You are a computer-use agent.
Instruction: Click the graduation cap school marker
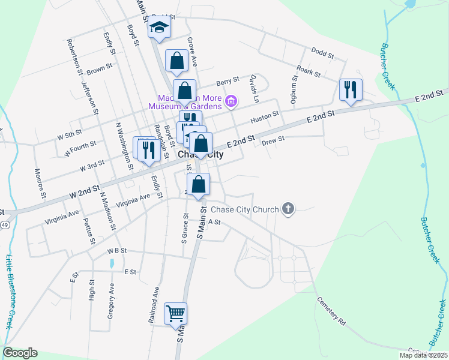(159, 28)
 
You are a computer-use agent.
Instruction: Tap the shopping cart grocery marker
(175, 313)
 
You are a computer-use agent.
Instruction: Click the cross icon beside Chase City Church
(288, 209)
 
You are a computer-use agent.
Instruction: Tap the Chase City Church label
(244, 209)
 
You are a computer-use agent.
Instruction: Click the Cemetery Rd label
(331, 313)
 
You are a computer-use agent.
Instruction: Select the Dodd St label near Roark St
(322, 54)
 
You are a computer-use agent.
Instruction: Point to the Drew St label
(273, 139)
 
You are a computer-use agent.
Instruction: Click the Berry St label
(228, 80)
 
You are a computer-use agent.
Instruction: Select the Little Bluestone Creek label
(10, 292)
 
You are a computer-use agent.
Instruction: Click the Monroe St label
(40, 183)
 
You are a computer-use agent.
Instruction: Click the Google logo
(20, 353)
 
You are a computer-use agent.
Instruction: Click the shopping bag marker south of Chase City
(198, 184)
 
